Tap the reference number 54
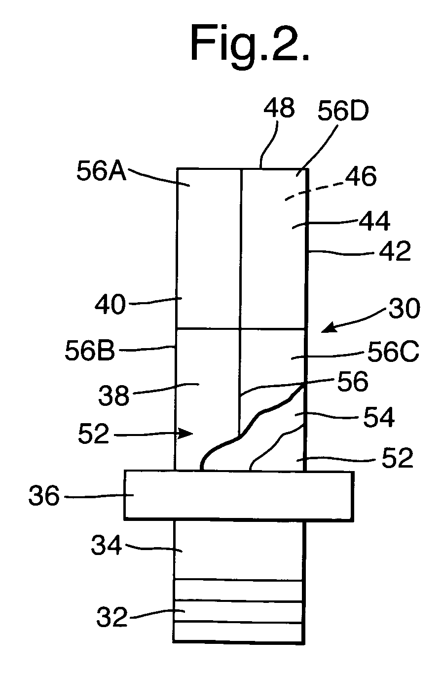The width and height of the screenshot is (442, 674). pyautogui.click(x=378, y=418)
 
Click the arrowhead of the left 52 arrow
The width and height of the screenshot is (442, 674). pyautogui.click(x=189, y=434)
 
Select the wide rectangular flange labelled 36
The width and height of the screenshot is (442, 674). pyautogui.click(x=239, y=495)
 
